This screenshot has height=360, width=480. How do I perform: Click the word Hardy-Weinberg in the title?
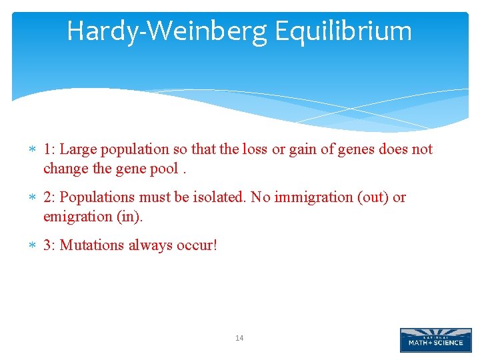point(167,31)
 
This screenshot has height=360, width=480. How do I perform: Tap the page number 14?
point(239,339)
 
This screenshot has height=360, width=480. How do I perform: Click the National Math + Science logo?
point(435,340)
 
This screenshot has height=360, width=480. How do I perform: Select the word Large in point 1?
point(78,149)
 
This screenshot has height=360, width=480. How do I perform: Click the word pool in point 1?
point(164,169)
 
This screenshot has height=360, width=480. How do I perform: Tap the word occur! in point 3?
point(197,245)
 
